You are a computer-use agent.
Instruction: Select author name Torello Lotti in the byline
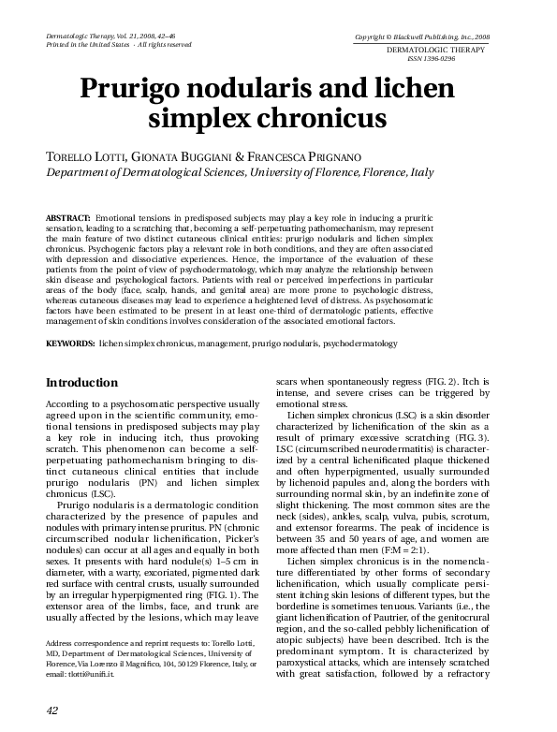83,155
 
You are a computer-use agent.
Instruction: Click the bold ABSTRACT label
68,216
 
